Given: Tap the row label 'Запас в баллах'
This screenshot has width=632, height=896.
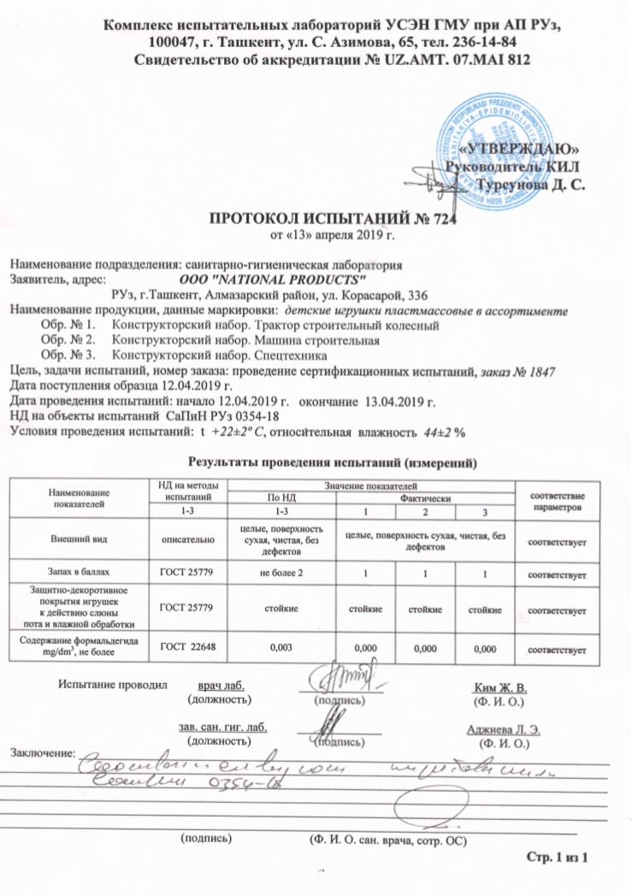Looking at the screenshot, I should pyautogui.click(x=80, y=572).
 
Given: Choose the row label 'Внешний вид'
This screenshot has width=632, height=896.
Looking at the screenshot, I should pyautogui.click(x=80, y=540).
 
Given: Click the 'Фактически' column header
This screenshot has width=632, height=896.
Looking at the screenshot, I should pyautogui.click(x=424, y=498).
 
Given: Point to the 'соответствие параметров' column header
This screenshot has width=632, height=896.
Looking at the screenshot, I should pyautogui.click(x=557, y=502).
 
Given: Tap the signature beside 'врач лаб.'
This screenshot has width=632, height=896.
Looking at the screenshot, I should pyautogui.click(x=329, y=682).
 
